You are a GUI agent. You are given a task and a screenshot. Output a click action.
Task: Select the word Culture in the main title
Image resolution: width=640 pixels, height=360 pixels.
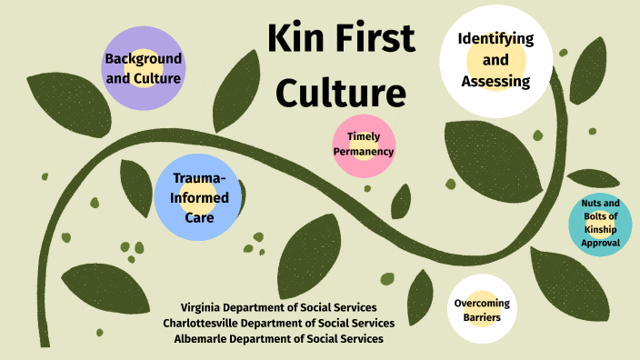coord(340,93)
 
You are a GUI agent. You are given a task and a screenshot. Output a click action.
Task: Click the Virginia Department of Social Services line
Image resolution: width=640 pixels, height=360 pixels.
coord(278,307)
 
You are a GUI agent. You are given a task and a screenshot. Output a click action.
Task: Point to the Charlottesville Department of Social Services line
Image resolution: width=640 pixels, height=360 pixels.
coord(278,323)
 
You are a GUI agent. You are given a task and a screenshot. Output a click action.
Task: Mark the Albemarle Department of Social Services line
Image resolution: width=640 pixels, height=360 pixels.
coord(278,338)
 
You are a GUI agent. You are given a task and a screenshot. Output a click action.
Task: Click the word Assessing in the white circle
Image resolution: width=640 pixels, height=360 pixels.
coord(495,82)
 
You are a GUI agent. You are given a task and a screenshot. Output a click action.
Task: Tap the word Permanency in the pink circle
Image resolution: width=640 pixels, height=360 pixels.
coord(364,152)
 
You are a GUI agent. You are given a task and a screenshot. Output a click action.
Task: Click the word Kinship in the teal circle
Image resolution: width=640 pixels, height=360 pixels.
coord(601,230)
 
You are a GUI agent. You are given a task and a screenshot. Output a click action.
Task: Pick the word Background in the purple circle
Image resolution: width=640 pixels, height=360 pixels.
coord(143,59)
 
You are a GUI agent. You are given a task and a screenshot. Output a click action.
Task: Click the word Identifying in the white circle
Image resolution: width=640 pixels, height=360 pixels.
coord(495,40)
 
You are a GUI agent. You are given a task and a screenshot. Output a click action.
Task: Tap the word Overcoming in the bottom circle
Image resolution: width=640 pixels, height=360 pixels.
coord(483,303)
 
